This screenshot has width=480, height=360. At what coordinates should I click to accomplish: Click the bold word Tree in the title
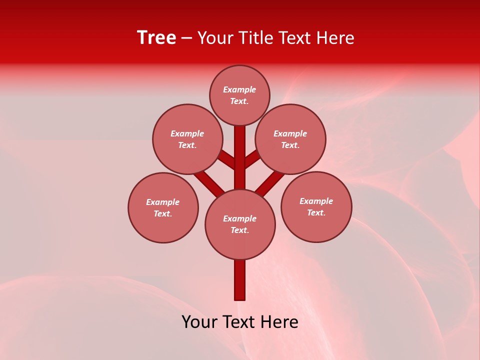(156, 38)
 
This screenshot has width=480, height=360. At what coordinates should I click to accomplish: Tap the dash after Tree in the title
(187, 38)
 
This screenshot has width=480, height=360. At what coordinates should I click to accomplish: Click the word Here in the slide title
(337, 38)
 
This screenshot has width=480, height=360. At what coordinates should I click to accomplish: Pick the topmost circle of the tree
(239, 95)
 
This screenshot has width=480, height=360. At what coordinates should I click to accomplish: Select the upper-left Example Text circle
(187, 139)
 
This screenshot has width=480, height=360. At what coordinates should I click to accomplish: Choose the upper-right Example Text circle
(290, 139)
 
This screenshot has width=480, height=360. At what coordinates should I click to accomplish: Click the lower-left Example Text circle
(163, 207)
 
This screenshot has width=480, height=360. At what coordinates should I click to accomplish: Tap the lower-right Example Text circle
(316, 206)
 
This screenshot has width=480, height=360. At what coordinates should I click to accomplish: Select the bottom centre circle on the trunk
(240, 224)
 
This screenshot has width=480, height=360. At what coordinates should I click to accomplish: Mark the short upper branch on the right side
(252, 159)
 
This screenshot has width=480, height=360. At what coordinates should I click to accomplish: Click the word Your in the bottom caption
(199, 322)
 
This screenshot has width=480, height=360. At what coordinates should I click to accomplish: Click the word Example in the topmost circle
(239, 90)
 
